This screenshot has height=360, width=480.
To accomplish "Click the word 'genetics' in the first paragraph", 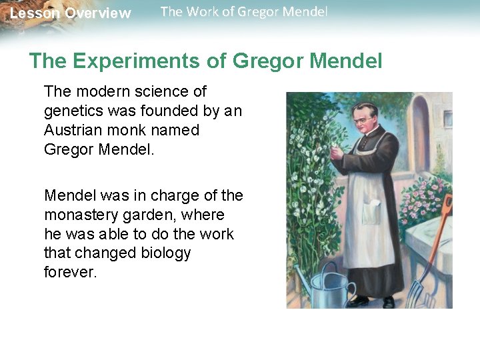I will click(71, 111).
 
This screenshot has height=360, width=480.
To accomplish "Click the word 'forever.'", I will click(71, 273).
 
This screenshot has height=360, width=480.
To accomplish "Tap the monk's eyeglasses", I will click(364, 121).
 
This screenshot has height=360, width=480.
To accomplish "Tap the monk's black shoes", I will click(373, 301).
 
